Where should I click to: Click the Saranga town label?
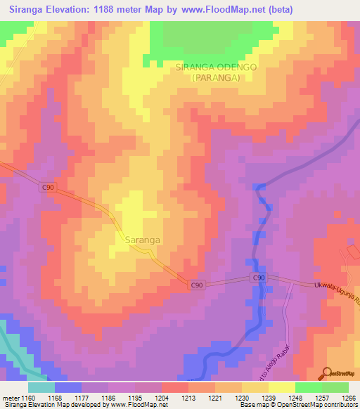pos(142,240)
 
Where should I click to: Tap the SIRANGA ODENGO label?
pos(216,67)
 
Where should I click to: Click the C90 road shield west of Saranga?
pos(47,187)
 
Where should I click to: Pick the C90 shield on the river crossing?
pos(259,278)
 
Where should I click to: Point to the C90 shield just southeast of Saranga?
pos(197,285)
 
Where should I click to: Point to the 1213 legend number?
pos(188,398)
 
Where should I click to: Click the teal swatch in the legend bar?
pos(41,387)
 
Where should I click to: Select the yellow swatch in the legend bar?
pos(281,387)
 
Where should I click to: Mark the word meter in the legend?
pos(11,398)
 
